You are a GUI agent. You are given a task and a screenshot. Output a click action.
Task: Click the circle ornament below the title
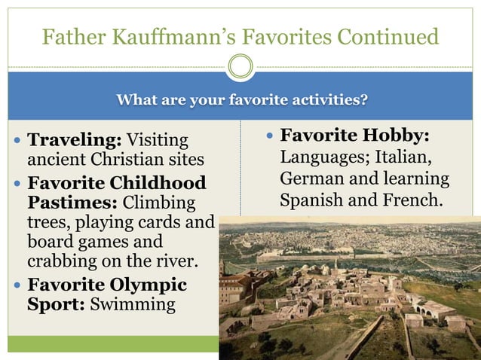[240, 67]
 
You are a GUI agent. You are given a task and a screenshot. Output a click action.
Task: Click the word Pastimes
[72, 203]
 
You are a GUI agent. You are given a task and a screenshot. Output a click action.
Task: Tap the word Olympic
[144, 285]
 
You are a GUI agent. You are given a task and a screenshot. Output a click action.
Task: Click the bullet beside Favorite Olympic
[17, 286]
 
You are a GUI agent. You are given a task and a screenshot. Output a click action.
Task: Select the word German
[310, 180]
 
